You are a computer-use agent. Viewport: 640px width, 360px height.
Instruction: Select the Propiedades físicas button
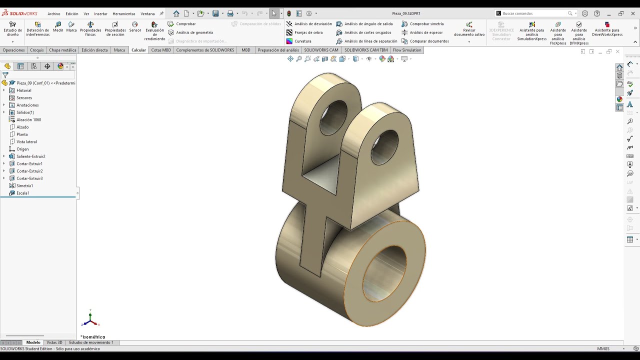pyautogui.click(x=90, y=28)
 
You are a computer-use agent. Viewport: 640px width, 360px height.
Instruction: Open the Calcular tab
pyautogui.click(x=138, y=50)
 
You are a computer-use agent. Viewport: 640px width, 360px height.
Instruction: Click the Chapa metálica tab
pyautogui.click(x=62, y=50)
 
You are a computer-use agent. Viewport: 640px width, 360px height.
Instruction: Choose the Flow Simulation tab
pyautogui.click(x=407, y=50)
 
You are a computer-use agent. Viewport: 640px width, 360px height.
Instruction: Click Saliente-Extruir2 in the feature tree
pyautogui.click(x=30, y=156)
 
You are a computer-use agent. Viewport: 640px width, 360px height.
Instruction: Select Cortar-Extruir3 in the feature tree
pyautogui.click(x=29, y=178)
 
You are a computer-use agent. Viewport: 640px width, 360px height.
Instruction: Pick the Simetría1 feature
pyautogui.click(x=24, y=185)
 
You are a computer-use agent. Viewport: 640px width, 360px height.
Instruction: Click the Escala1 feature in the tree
pyautogui.click(x=22, y=193)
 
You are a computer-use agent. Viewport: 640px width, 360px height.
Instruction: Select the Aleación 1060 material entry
pyautogui.click(x=28, y=120)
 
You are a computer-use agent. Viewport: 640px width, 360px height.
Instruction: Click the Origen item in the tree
pyautogui.click(x=22, y=149)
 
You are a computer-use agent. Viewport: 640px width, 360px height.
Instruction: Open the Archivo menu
pyautogui.click(x=54, y=14)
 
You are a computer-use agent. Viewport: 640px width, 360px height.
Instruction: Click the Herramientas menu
pyautogui.click(x=124, y=14)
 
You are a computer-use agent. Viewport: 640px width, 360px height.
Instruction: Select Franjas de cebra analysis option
pyautogui.click(x=308, y=32)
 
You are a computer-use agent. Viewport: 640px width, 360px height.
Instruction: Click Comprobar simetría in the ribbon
pyautogui.click(x=426, y=24)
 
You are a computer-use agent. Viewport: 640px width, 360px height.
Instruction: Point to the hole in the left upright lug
pyautogui.click(x=333, y=117)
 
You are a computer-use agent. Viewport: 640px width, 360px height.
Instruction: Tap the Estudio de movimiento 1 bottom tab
pyautogui.click(x=91, y=342)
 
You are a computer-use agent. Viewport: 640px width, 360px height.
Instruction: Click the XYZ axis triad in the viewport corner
pyautogui.click(x=90, y=318)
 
